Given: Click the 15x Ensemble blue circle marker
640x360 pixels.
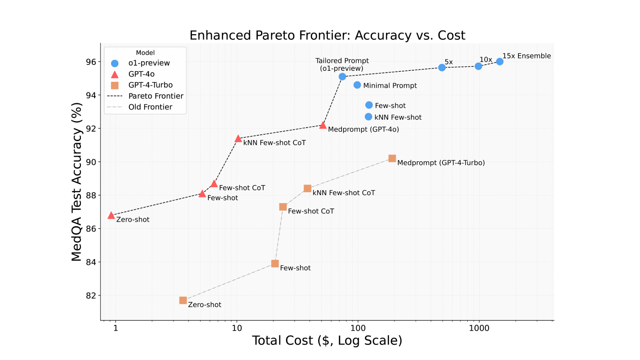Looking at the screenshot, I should pos(500,62).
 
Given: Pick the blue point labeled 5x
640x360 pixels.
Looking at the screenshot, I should pos(442,68).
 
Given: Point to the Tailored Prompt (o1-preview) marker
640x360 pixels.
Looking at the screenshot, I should pos(342,77).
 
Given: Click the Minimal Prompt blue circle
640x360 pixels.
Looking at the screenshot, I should pos(357,85).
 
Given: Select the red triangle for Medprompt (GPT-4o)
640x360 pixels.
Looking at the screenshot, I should pos(323,125).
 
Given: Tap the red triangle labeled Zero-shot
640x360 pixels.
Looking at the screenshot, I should pos(111,215).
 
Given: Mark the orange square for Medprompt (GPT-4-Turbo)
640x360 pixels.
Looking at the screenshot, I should pos(392,159).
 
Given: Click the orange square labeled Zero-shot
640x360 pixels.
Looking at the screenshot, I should pos(183,300).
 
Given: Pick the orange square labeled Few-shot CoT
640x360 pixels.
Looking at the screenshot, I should pos(283,207).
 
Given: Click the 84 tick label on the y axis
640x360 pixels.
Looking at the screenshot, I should pos(91,262).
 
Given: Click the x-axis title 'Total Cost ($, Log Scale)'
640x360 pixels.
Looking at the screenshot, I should pos(327,341).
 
